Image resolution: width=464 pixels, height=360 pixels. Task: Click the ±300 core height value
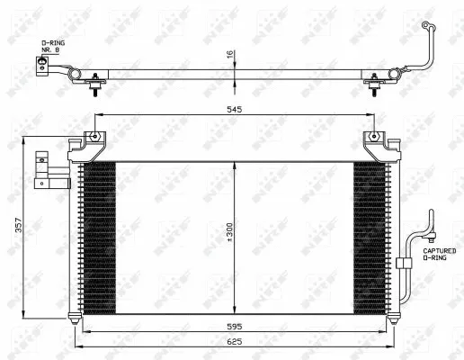point(229,237)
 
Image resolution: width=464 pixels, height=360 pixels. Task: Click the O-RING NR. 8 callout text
point(51,48)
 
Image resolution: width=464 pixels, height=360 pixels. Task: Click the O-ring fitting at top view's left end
point(40,65)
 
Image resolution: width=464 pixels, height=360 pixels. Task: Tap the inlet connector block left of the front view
point(42,171)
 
